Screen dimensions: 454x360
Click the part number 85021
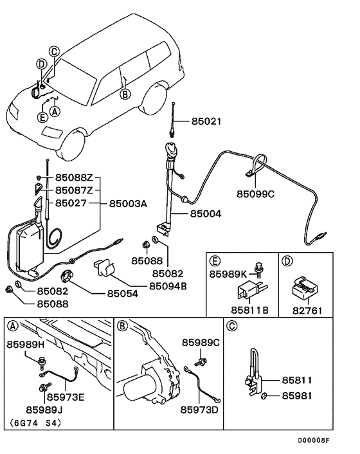point(204,120)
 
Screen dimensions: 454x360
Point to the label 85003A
point(127,203)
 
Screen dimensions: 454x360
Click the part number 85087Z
point(74,190)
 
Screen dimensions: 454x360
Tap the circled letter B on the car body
point(125,93)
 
